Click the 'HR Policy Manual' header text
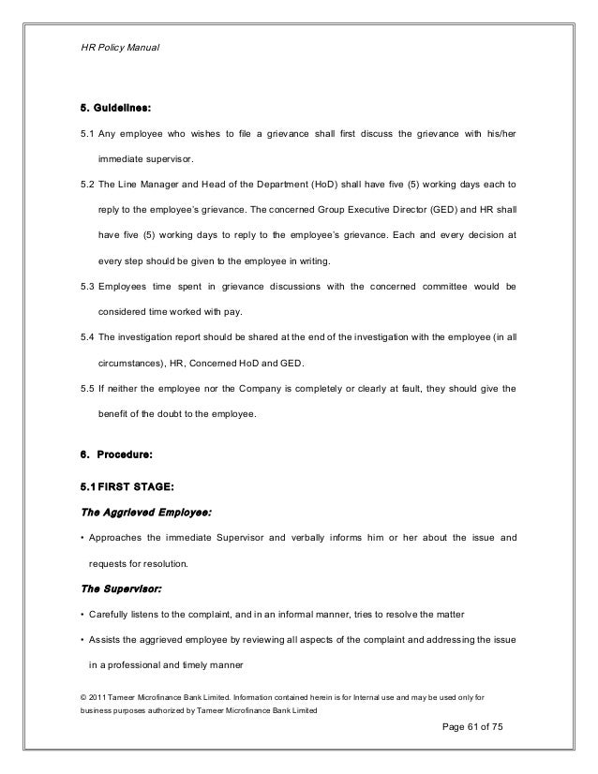coord(120,46)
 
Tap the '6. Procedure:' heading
coord(117,454)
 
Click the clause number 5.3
coord(89,286)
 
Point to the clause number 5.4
coord(89,335)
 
